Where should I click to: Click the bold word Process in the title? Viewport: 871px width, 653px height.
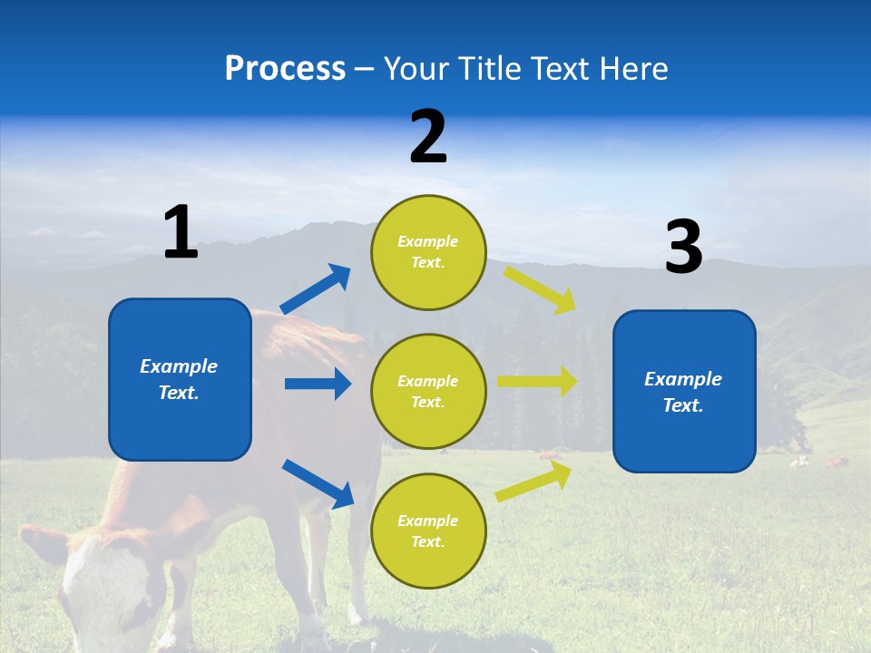[285, 69]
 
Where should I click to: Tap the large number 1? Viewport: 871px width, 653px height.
[181, 233]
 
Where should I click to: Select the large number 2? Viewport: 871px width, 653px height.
[428, 137]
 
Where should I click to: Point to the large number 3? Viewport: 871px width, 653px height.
[683, 248]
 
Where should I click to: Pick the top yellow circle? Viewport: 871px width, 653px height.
[428, 252]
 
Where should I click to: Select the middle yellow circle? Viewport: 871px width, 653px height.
[428, 392]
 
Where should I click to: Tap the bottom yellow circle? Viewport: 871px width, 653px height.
[428, 531]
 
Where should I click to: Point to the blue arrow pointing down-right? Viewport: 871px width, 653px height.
[318, 483]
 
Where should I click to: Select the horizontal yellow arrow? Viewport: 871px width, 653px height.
[537, 381]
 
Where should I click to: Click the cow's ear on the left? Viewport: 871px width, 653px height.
[41, 543]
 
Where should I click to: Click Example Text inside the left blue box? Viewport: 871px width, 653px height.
[179, 379]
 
